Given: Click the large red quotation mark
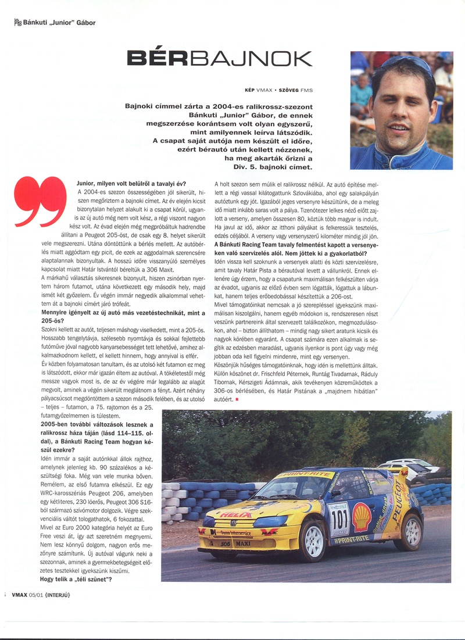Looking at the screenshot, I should [x=40, y=201].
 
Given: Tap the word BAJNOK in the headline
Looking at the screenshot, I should [x=251, y=59].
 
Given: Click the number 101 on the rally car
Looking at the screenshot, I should [x=339, y=518].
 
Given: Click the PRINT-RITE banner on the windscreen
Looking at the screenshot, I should [x=304, y=475].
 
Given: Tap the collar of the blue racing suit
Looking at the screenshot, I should [x=381, y=152].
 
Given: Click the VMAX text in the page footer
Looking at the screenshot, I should [x=18, y=594].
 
